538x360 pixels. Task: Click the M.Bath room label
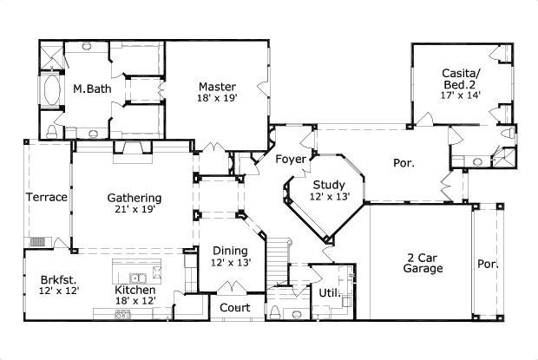click(89, 88)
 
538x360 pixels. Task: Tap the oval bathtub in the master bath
click(50, 90)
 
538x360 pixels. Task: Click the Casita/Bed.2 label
click(461, 80)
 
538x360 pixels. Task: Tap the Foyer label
click(290, 159)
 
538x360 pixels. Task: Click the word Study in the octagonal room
click(330, 185)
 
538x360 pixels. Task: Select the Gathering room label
click(134, 197)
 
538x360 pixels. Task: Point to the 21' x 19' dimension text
click(134, 210)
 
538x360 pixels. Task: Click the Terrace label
click(46, 197)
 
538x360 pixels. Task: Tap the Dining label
click(230, 251)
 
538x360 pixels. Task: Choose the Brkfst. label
click(58, 279)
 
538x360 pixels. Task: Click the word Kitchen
click(135, 290)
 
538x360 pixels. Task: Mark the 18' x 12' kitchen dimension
click(135, 301)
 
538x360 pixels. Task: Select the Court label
click(234, 308)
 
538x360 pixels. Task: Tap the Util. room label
click(329, 293)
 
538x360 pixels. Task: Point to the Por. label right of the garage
click(487, 264)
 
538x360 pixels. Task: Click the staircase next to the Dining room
click(277, 259)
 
